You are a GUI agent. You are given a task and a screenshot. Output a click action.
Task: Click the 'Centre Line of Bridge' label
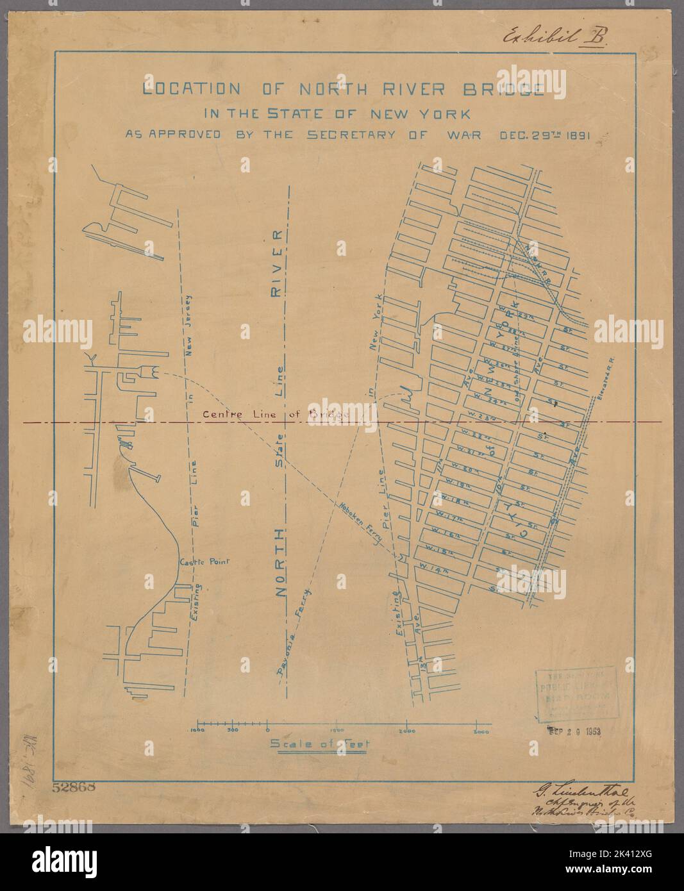(274, 415)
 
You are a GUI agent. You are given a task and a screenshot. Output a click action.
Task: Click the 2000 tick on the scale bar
(407, 731)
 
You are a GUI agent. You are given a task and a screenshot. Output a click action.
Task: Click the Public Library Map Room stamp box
(575, 695)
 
